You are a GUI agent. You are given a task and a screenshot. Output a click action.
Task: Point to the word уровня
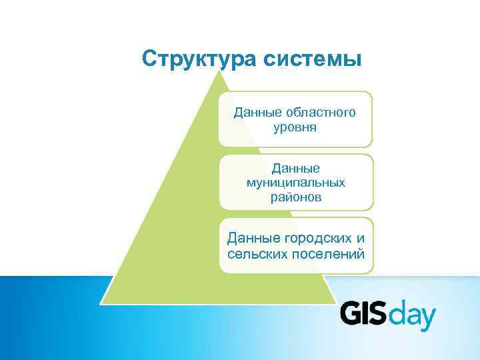click(295, 126)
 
